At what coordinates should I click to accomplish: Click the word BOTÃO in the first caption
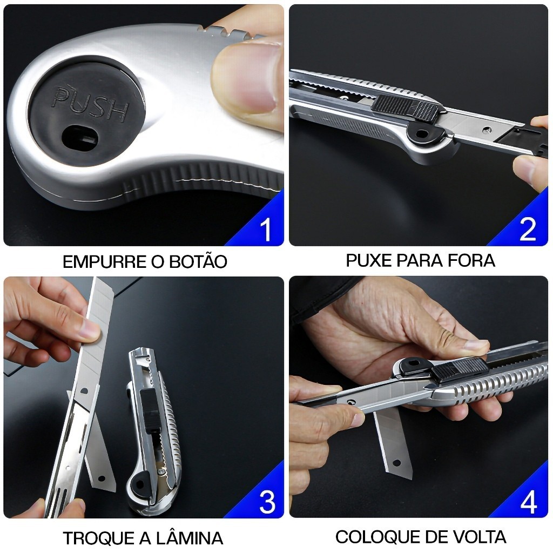tap(198, 261)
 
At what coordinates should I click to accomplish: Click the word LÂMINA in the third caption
tap(190, 537)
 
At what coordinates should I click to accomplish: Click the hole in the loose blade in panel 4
tap(396, 462)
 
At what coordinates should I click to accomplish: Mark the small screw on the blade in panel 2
tap(487, 130)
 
